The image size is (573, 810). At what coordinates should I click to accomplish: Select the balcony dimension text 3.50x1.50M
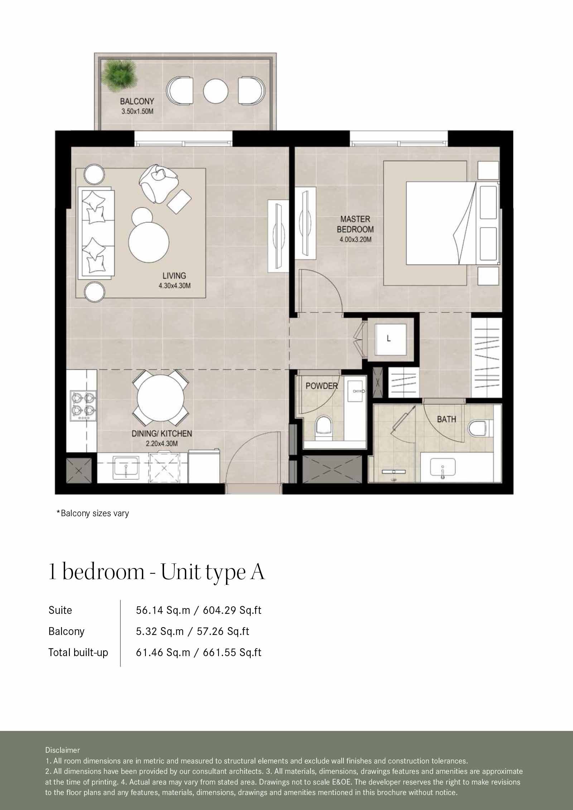[137, 111]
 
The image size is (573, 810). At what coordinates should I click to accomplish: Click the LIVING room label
[174, 276]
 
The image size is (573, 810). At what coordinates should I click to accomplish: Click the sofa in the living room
[96, 233]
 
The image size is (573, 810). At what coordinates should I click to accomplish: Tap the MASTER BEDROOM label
[355, 224]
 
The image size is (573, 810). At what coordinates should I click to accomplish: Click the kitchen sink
[126, 467]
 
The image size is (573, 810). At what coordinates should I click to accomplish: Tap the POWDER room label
[321, 386]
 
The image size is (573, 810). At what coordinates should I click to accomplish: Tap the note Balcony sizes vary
[92, 513]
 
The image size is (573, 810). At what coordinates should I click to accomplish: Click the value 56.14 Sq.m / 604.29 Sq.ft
[198, 610]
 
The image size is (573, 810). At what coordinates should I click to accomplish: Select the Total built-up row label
[78, 653]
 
